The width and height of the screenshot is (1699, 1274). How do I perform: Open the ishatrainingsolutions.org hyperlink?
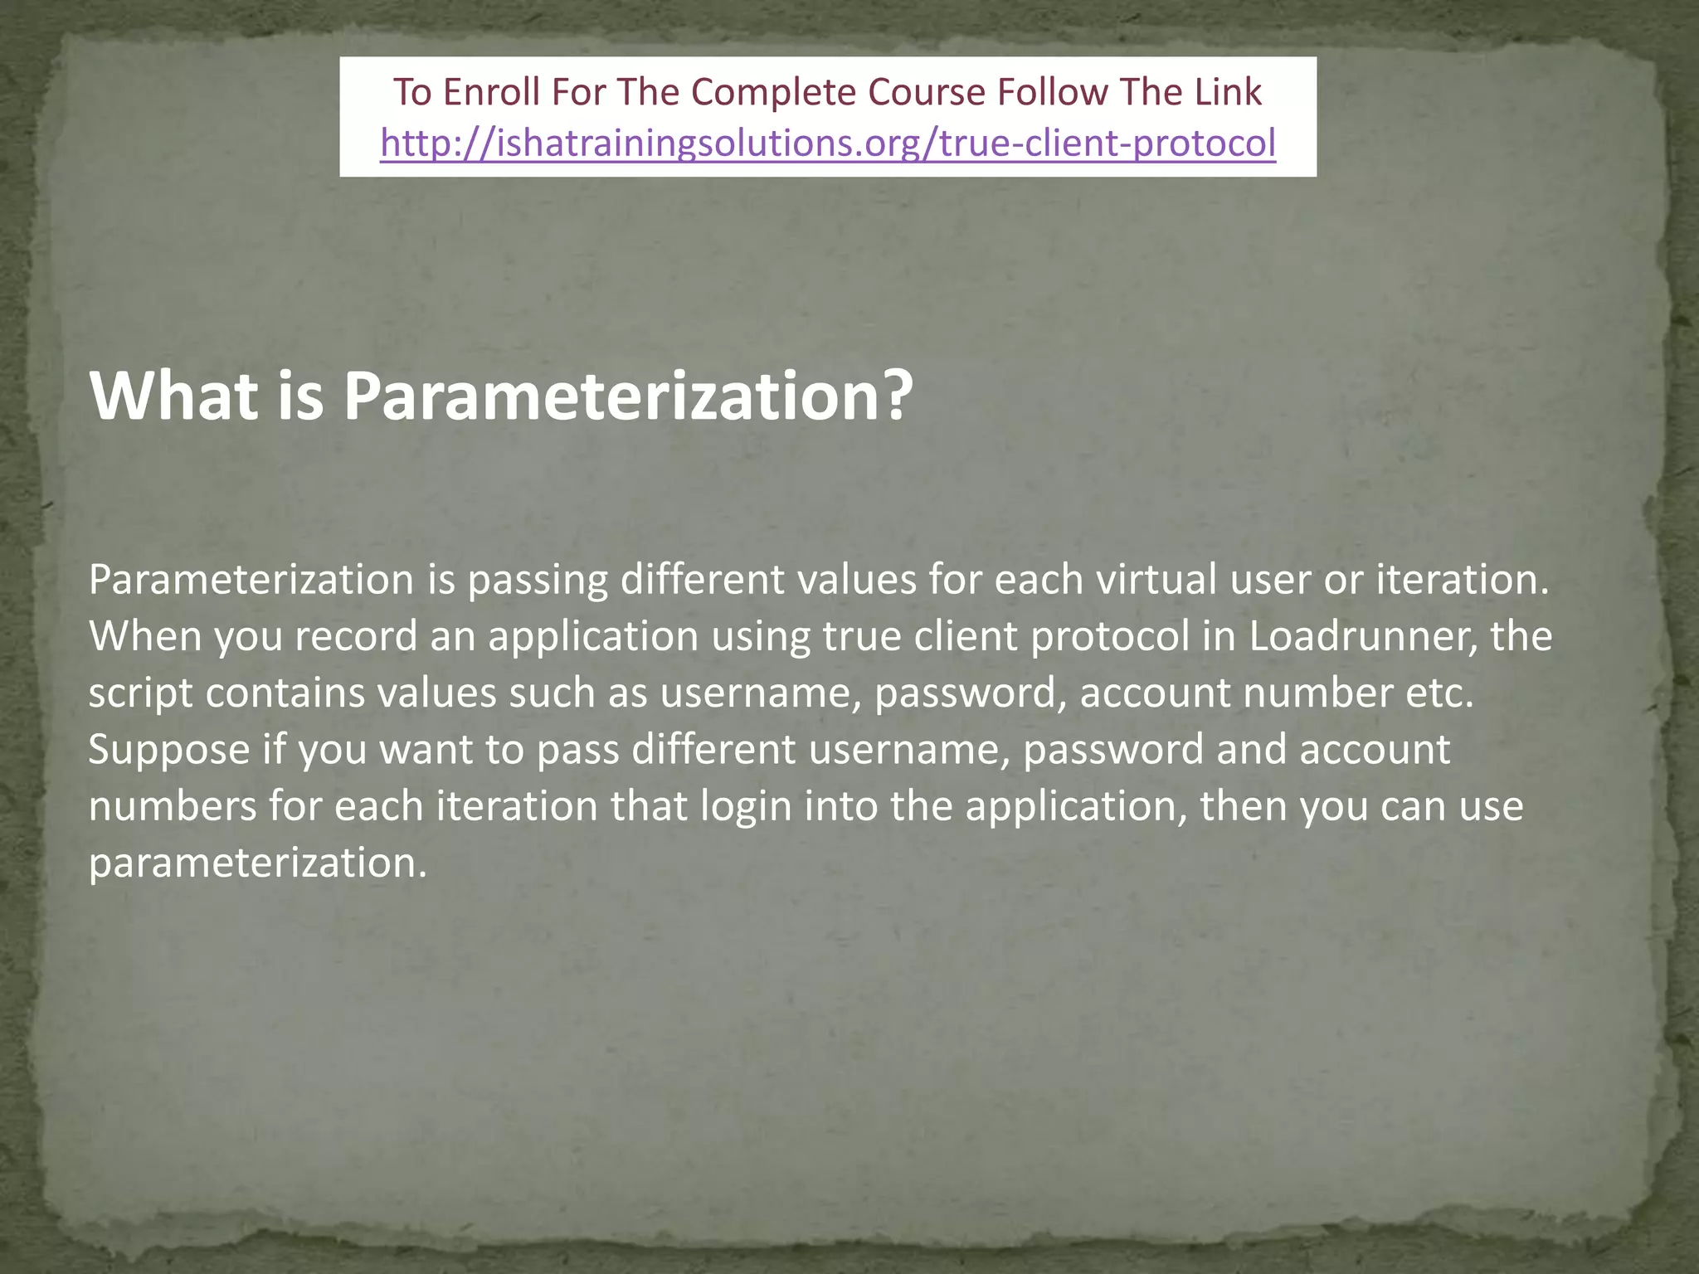pos(828,143)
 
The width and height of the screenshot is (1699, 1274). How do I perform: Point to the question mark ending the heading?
pos(895,396)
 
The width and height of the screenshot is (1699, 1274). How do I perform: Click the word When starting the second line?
pos(146,636)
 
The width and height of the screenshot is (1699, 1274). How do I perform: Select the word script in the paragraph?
pos(141,693)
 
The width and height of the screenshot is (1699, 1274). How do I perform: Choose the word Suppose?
pos(169,749)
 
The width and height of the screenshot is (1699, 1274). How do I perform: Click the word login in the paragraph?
pos(747,806)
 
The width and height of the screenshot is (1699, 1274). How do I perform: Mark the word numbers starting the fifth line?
pos(173,806)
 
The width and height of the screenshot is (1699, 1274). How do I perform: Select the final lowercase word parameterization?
pos(257,863)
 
